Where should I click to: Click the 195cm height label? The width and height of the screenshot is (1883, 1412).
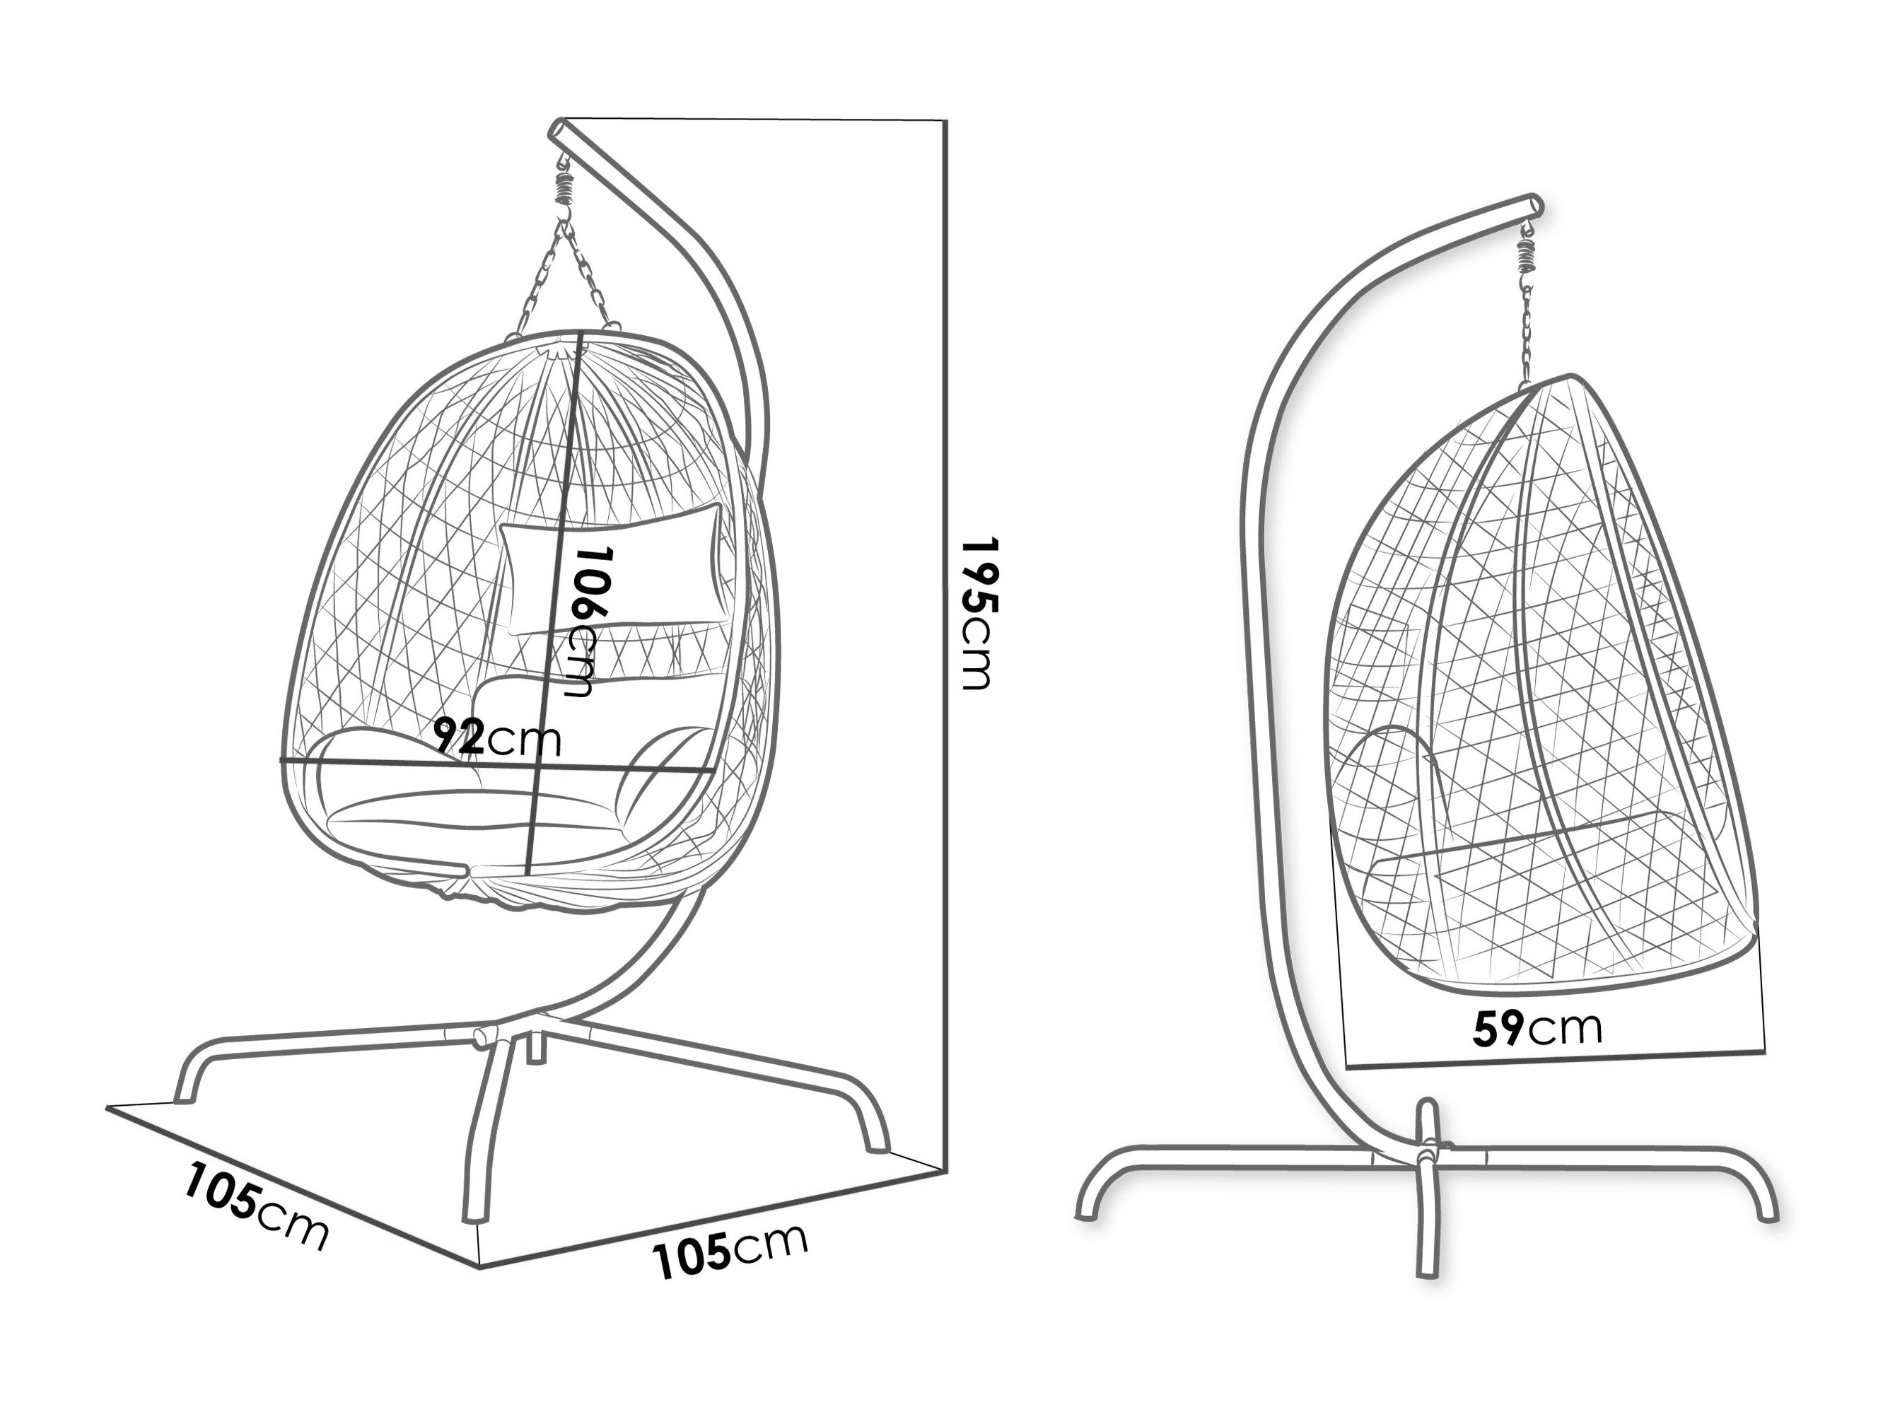click(x=977, y=613)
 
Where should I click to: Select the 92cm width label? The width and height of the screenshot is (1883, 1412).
click(x=497, y=737)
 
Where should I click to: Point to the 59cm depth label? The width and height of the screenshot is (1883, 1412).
click(x=1537, y=1029)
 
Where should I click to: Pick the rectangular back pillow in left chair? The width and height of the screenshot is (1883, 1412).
click(x=611, y=568)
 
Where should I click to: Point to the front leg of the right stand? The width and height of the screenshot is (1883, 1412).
click(x=1428, y=1234)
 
